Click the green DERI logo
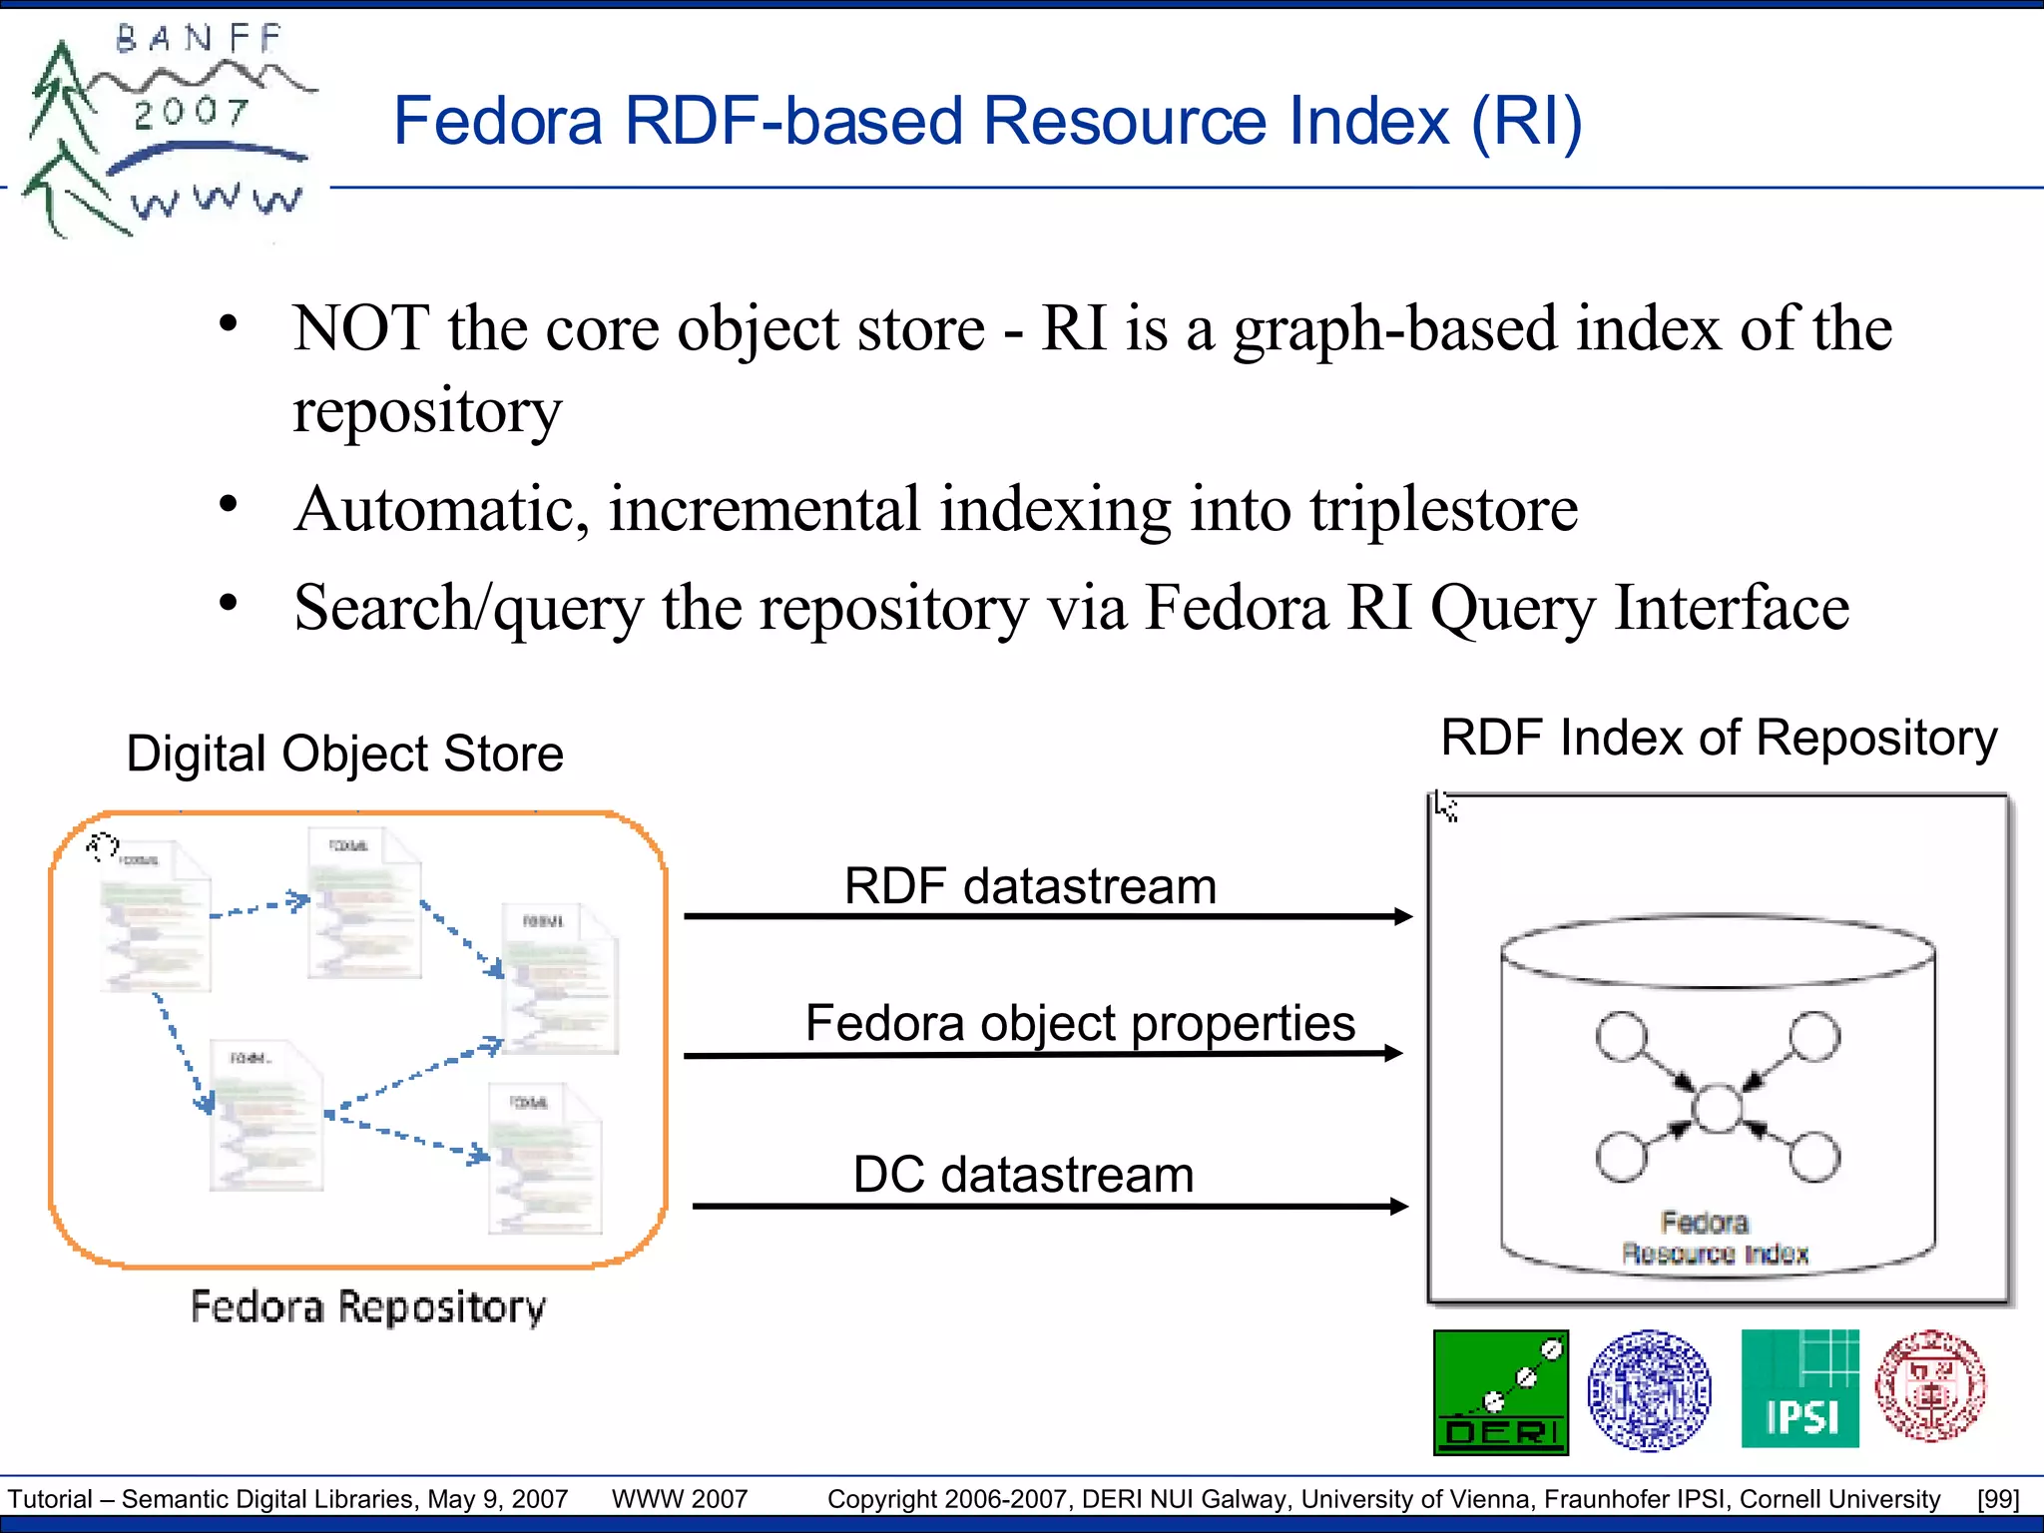click(x=1500, y=1392)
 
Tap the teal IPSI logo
click(x=1799, y=1388)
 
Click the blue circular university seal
click(x=1649, y=1390)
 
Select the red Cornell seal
click(x=1930, y=1386)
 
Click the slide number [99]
click(x=1997, y=1499)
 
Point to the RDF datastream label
click(x=1030, y=886)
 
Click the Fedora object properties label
click(x=1080, y=1023)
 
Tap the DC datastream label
click(x=1023, y=1175)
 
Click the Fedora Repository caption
click(x=368, y=1307)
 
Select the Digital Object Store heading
click(x=344, y=754)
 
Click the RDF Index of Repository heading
click(x=1719, y=739)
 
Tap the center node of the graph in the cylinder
click(x=1717, y=1109)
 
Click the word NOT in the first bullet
click(x=361, y=328)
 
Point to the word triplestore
click(x=1443, y=509)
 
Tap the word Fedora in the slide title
click(x=498, y=122)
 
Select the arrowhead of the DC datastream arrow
click(x=1398, y=1207)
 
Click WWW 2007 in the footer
click(x=680, y=1499)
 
